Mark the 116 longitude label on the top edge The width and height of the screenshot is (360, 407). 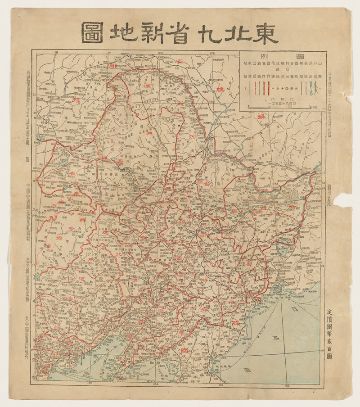point(56,53)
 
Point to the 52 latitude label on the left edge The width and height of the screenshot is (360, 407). point(35,88)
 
